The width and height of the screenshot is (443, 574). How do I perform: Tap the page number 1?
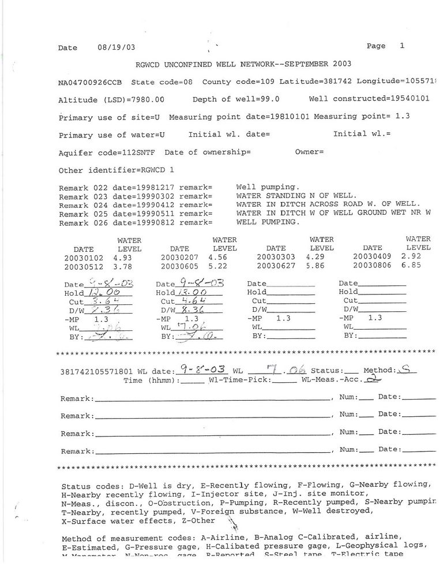pos(401,46)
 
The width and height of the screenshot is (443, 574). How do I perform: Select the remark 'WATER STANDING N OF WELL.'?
pos(296,196)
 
